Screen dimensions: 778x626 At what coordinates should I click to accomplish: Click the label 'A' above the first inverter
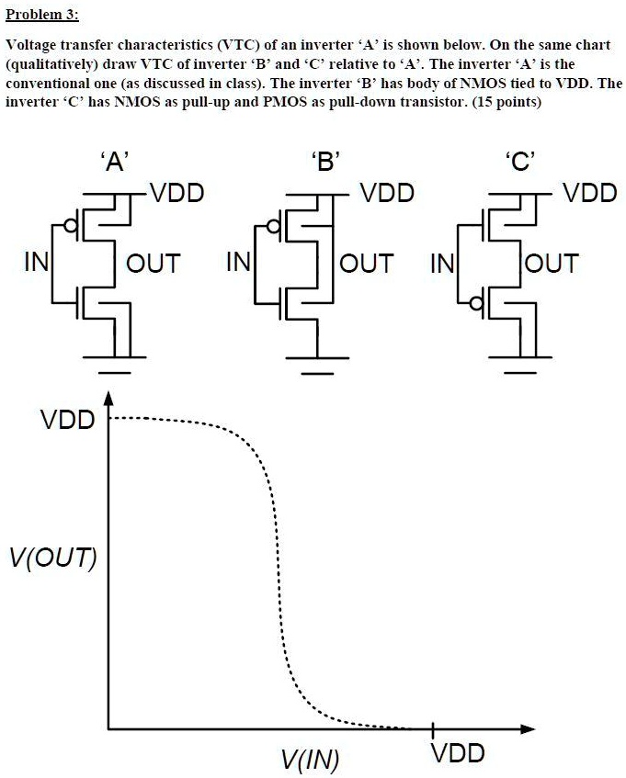tap(114, 163)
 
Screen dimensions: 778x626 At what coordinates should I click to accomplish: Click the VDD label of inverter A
tap(176, 194)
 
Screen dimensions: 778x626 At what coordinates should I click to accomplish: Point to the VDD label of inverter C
tap(589, 194)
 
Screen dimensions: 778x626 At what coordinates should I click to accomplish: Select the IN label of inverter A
tap(37, 264)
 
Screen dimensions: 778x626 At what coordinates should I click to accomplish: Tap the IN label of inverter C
tap(441, 264)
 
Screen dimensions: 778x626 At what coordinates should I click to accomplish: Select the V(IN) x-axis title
tap(310, 759)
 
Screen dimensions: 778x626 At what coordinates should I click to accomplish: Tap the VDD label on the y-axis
tap(67, 421)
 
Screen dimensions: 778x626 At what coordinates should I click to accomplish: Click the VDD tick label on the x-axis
tap(457, 754)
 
